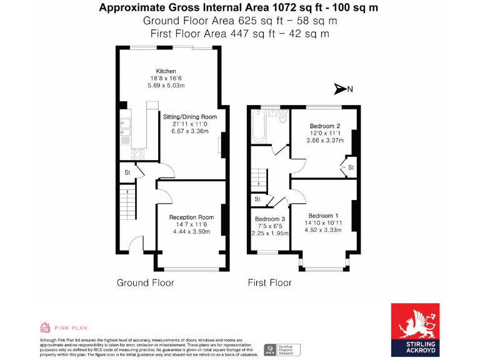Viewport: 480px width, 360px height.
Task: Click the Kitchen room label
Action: tap(166, 71)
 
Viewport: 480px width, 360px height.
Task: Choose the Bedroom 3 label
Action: tap(270, 219)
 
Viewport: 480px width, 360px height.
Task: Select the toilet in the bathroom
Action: tap(282, 117)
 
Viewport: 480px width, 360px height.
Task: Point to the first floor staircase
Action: tap(258, 178)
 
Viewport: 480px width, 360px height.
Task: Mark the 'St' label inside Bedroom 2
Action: tap(351, 167)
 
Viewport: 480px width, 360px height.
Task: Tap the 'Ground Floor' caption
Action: tap(145, 282)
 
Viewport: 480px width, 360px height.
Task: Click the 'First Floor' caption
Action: tap(269, 282)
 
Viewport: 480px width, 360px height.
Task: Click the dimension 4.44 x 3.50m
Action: tap(190, 232)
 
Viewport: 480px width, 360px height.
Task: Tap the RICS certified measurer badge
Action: tap(281, 349)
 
